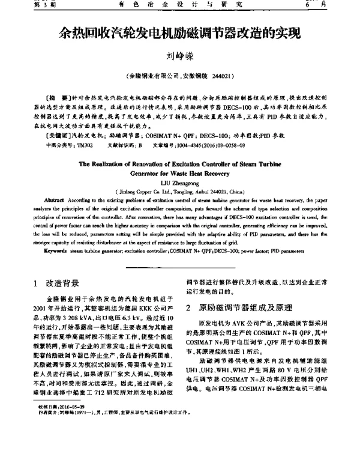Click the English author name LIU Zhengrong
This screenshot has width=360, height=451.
(x=179, y=179)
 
